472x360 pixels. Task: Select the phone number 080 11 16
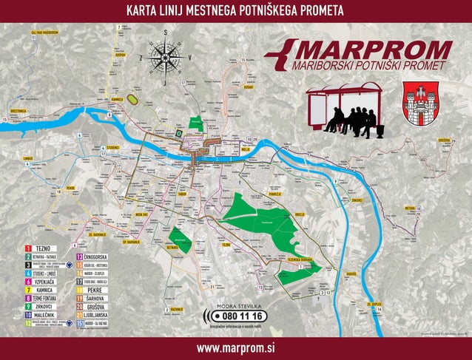[x=236, y=316]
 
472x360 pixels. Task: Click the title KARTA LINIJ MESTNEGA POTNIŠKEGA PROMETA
[x=235, y=10]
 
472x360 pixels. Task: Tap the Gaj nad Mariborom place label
[x=44, y=33]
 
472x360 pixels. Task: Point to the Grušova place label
[x=444, y=140]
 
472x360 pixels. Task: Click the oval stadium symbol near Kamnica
[x=133, y=98]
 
